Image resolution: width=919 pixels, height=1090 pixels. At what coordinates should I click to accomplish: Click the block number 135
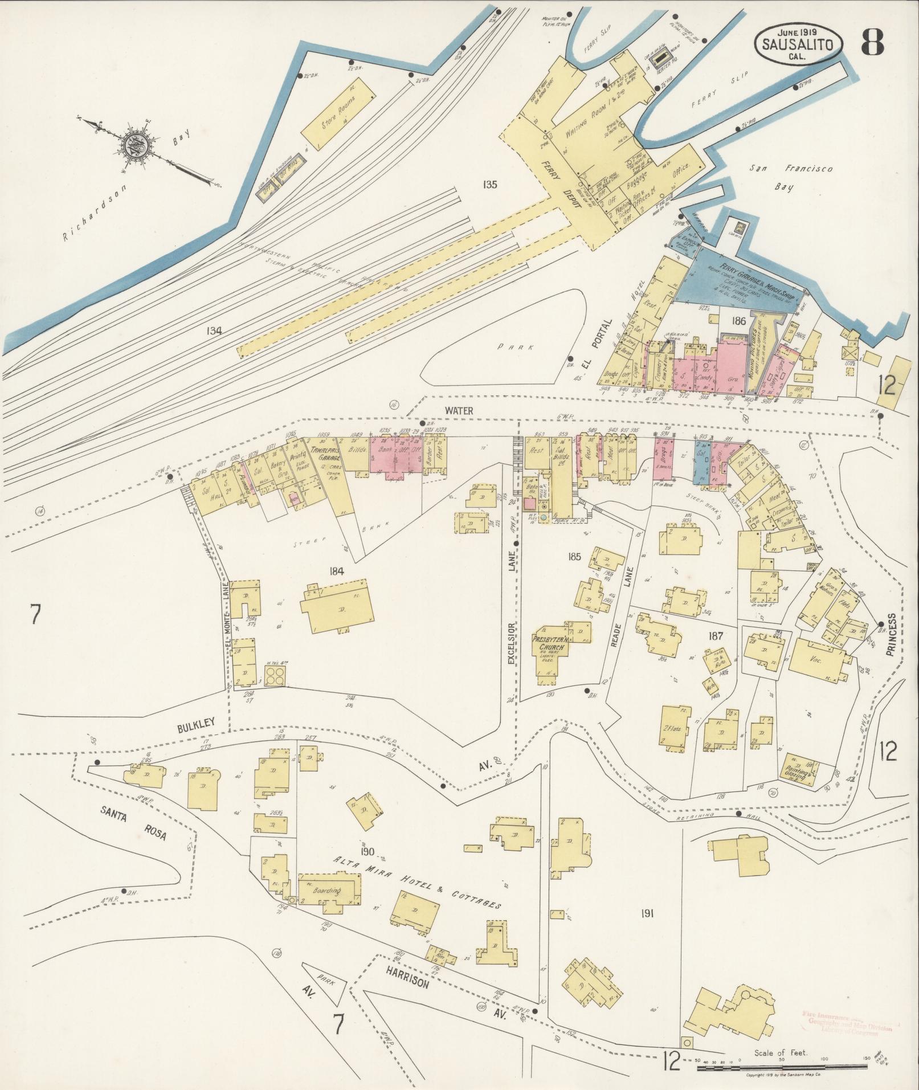tap(489, 184)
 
